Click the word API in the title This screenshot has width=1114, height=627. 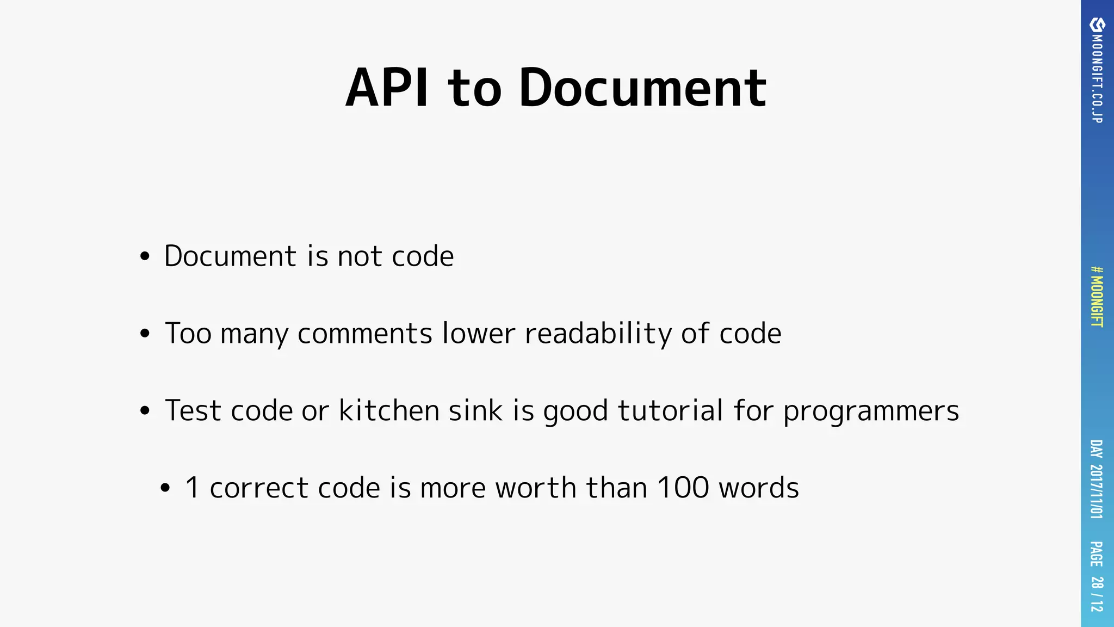(387, 88)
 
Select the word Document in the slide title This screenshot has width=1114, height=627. (642, 88)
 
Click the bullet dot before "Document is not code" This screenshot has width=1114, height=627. (144, 256)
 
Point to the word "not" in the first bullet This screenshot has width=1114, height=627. (359, 256)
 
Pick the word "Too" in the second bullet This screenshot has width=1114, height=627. (188, 333)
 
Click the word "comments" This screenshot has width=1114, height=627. (365, 333)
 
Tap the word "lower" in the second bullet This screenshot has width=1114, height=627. (479, 333)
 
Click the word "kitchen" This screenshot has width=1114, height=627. (389, 410)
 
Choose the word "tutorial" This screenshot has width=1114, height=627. (671, 410)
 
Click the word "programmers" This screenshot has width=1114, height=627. (871, 411)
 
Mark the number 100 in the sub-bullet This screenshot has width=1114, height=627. (683, 488)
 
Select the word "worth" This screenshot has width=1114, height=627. (536, 488)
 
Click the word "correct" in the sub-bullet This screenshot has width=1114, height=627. (259, 488)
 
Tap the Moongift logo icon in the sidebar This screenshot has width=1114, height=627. (1097, 25)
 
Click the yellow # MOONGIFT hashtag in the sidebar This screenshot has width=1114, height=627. (1097, 297)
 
